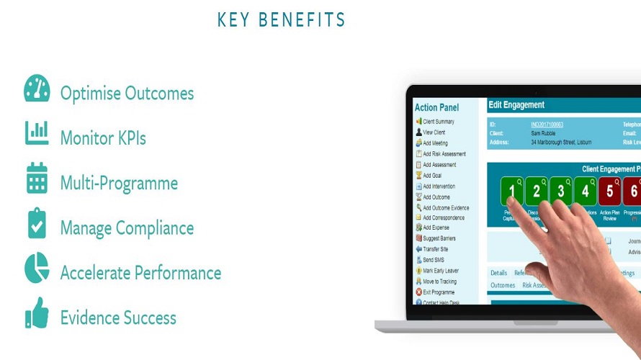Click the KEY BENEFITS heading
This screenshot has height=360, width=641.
pos(281,19)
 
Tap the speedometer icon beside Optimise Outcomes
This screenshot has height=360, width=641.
pos(37,89)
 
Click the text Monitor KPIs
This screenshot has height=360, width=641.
pos(103,138)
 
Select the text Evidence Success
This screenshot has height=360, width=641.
pos(118,318)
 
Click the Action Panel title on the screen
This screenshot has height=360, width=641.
pos(436,107)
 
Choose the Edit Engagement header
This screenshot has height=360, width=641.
pos(516,105)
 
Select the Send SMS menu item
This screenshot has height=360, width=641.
pos(435,260)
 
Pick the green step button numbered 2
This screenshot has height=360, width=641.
pos(537,192)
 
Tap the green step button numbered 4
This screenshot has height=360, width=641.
pos(586,192)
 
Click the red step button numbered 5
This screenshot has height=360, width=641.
pos(609,192)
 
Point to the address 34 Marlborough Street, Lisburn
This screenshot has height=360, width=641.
pos(564,142)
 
